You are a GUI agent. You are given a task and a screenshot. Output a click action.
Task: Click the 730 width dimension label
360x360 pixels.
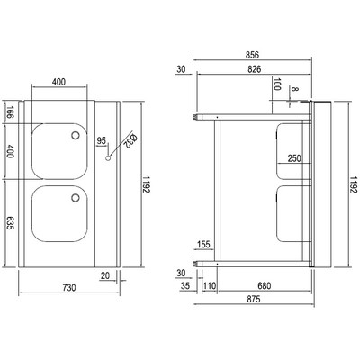pos(69,287)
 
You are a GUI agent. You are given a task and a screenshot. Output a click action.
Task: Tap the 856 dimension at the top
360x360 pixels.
pos(252,55)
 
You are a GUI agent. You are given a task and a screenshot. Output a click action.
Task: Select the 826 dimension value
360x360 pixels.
pos(255,69)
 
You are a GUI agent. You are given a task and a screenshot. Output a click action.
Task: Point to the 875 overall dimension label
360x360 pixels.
pos(254,299)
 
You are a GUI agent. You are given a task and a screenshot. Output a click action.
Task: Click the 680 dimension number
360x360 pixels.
pos(265,285)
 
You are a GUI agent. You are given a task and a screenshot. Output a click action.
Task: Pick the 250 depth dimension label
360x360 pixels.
pos(294,158)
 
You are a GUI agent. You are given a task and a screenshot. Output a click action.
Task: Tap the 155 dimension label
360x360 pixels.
pos(204,245)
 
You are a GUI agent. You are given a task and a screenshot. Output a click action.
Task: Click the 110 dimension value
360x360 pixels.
pos(210,285)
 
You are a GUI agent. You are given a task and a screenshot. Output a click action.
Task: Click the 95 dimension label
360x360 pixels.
pos(102,140)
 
